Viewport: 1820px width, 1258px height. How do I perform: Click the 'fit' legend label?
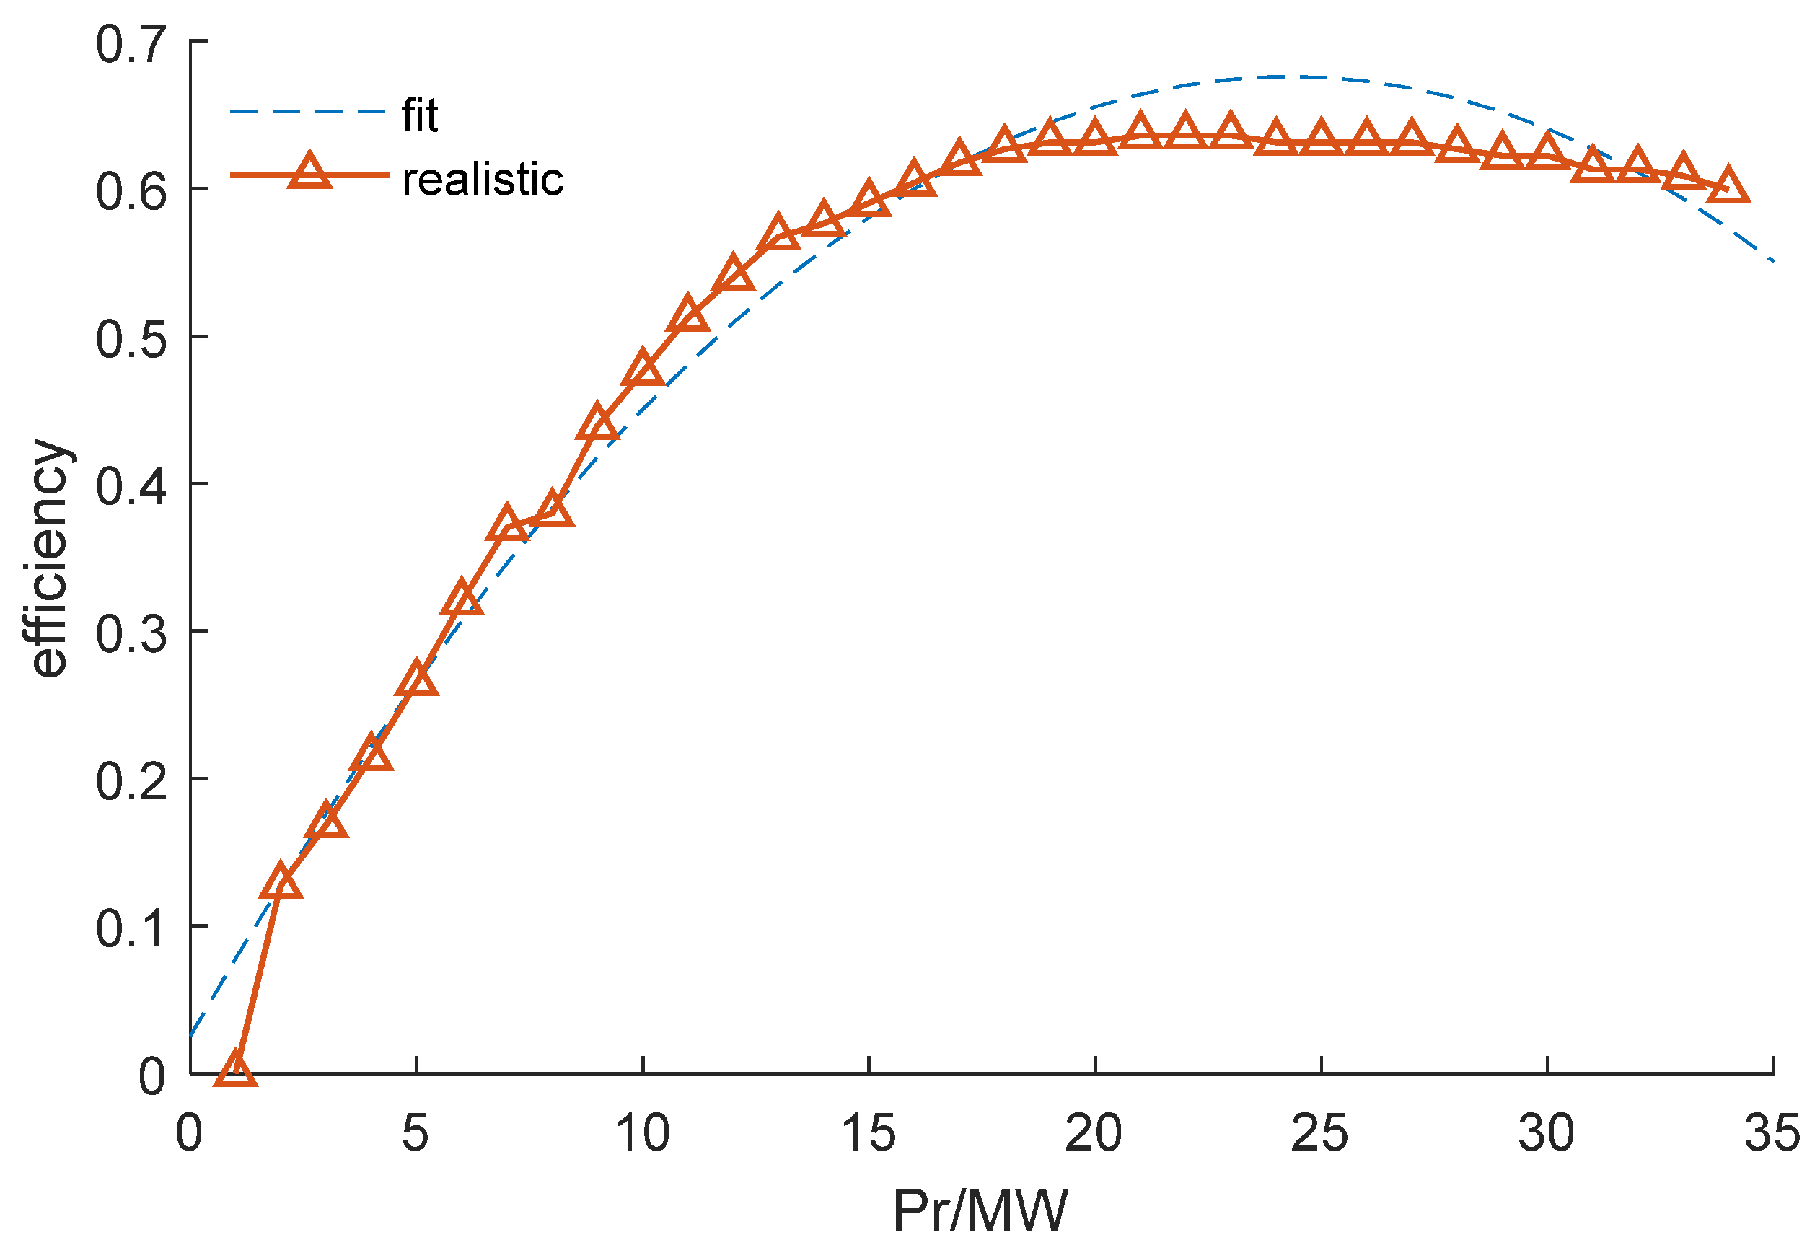pos(419,116)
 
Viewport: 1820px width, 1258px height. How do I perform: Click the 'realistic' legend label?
pos(483,180)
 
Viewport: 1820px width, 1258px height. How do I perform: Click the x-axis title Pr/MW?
pos(980,1210)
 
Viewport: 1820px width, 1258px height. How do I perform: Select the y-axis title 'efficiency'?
pos(48,558)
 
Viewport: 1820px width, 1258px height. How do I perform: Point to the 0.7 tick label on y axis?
pos(131,44)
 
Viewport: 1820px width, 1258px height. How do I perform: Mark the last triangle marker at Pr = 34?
pos(1728,187)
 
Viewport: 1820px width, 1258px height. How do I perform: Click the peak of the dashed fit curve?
pos(1285,76)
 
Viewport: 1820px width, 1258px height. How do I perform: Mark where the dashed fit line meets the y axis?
pos(190,1036)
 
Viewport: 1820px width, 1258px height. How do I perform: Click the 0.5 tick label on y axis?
pos(131,340)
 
